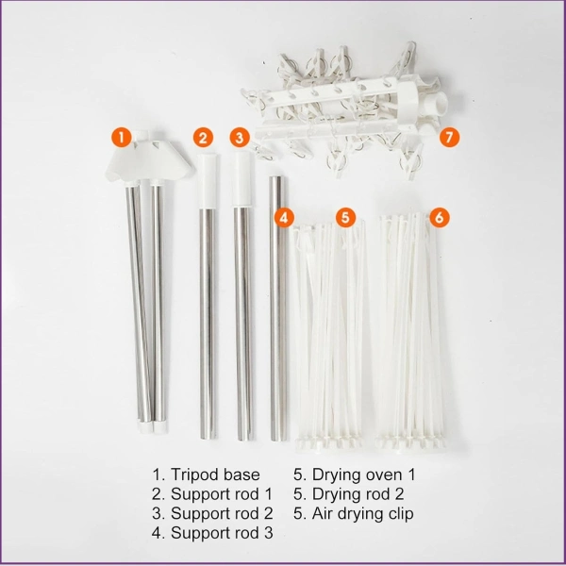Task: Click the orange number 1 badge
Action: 122,137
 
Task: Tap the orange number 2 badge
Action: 203,138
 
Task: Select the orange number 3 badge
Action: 240,138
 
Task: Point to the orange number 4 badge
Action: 284,218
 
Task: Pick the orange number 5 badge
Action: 345,218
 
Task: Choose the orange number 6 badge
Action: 439,218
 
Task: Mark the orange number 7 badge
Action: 449,138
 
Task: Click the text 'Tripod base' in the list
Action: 215,474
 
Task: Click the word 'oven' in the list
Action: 377,475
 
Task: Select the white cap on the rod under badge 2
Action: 208,180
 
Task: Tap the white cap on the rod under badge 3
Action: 241,178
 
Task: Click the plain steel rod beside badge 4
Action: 277,308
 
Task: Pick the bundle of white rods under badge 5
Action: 330,336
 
